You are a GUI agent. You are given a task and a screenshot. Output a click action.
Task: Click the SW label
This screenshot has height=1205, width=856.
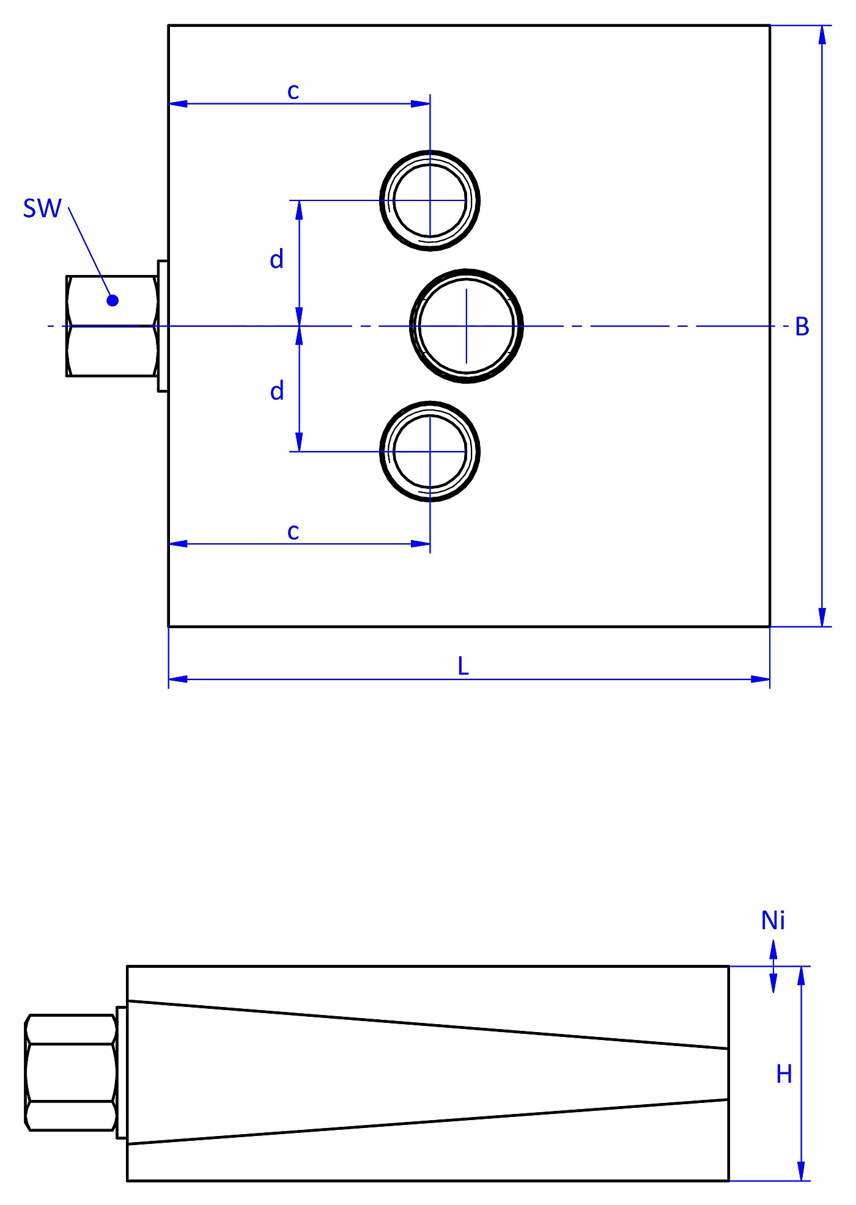click(x=42, y=208)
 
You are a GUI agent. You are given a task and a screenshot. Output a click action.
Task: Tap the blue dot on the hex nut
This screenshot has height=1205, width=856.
click(x=113, y=300)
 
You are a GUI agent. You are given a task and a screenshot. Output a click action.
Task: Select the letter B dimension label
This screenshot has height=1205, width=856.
click(x=802, y=327)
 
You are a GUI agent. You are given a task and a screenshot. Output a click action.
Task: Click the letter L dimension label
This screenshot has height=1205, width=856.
click(x=463, y=666)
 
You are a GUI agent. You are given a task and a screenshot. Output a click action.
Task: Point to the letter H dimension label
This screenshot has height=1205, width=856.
click(x=783, y=1074)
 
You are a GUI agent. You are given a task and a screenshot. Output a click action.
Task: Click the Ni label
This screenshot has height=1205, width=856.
click(x=773, y=920)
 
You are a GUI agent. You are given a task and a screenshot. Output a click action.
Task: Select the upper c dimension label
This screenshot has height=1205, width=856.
click(x=293, y=91)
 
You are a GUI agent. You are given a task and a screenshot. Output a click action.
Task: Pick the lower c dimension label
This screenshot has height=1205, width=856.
click(x=293, y=531)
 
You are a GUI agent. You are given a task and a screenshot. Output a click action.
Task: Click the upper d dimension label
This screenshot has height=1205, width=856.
click(x=276, y=260)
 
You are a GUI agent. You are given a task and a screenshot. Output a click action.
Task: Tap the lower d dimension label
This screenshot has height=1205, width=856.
click(x=276, y=391)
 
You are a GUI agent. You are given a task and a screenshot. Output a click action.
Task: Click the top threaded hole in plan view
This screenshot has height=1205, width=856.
click(x=430, y=200)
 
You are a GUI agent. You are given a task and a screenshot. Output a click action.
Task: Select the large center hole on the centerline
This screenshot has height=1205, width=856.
click(x=467, y=326)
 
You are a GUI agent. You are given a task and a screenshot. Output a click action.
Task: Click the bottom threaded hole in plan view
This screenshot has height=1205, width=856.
click(x=430, y=452)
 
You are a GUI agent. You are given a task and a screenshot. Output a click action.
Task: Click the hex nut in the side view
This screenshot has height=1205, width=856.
click(x=71, y=1072)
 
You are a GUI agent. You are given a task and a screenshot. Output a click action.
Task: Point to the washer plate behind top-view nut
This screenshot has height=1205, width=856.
click(x=163, y=326)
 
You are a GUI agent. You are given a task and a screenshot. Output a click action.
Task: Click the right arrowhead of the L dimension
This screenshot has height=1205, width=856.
click(x=761, y=679)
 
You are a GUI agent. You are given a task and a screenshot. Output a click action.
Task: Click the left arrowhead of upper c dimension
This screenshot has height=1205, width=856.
click(x=177, y=104)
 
